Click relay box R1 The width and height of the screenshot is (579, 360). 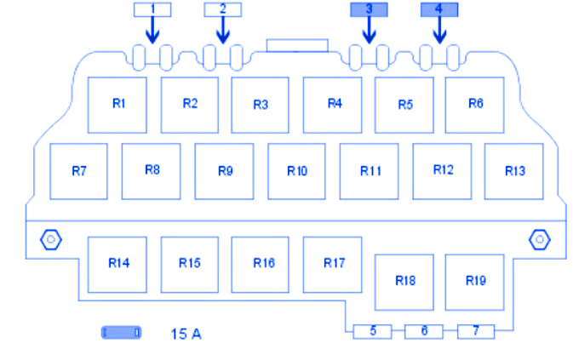click(x=118, y=105)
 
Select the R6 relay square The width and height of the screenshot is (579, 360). click(x=475, y=105)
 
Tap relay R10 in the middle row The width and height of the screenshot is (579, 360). click(x=297, y=171)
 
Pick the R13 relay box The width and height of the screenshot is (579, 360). click(x=514, y=171)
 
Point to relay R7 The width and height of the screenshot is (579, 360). click(x=79, y=171)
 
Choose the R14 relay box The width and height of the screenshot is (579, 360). click(x=118, y=264)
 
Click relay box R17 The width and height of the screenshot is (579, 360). click(x=333, y=264)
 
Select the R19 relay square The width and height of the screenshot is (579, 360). click(x=475, y=282)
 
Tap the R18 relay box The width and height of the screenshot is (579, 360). click(x=404, y=282)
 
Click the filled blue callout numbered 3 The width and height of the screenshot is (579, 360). click(x=369, y=9)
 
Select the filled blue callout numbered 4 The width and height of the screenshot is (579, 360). click(x=439, y=9)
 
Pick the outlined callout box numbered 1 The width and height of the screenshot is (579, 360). click(x=152, y=9)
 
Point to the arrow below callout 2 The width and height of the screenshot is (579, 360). click(x=223, y=32)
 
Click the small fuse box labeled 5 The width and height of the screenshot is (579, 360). click(x=373, y=331)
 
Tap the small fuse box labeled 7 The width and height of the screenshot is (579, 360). click(x=476, y=331)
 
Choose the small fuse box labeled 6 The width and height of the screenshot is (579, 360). click(x=424, y=331)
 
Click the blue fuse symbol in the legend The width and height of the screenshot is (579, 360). click(x=122, y=333)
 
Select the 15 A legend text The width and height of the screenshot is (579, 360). click(x=186, y=334)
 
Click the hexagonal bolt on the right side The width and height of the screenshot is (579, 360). click(x=539, y=239)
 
